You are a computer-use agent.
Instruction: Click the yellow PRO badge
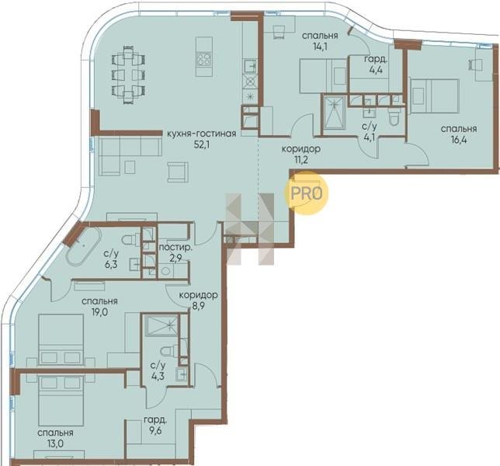(x=306, y=193)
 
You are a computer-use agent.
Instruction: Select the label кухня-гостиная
(x=202, y=134)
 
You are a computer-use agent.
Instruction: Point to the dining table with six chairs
(x=129, y=75)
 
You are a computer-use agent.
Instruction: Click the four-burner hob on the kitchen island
(x=203, y=59)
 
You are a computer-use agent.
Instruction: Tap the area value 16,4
(x=459, y=140)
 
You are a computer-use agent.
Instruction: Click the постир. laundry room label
(x=175, y=248)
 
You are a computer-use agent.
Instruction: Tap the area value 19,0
(x=99, y=311)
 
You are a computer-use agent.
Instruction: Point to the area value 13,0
(x=55, y=443)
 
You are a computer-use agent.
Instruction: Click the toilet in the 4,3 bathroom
(x=169, y=351)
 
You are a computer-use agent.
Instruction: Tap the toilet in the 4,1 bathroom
(x=394, y=117)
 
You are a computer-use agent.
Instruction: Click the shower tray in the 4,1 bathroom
(x=335, y=113)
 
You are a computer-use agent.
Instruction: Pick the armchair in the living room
(x=178, y=172)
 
